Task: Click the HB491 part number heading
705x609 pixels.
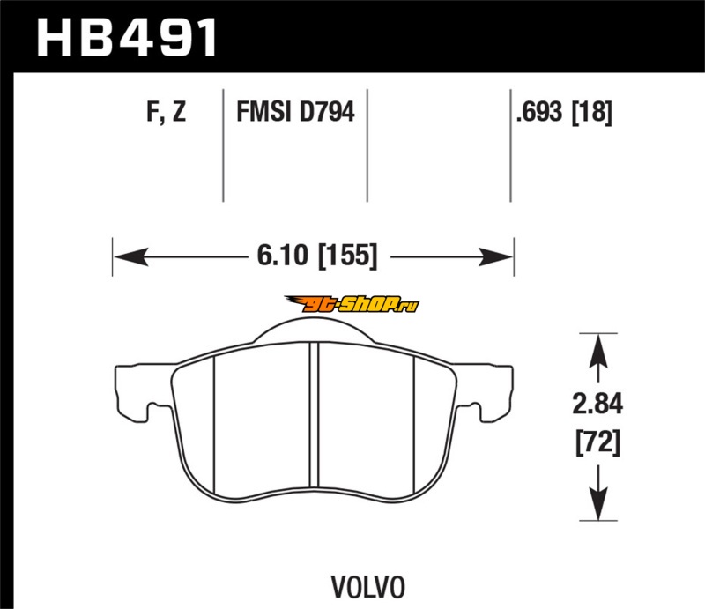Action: [x=127, y=38]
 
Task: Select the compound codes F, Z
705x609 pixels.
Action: [x=166, y=112]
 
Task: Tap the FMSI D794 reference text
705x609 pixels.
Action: [x=295, y=112]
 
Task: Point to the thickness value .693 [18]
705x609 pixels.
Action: [x=564, y=112]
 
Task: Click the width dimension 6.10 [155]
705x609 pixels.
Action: [x=317, y=256]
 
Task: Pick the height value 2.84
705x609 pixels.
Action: [x=597, y=404]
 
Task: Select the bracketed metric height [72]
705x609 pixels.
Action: [x=598, y=442]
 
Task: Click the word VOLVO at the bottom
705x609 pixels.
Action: [x=368, y=587]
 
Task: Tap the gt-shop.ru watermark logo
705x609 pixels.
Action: [x=352, y=304]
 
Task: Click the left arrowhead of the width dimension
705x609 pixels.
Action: [x=130, y=256]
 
